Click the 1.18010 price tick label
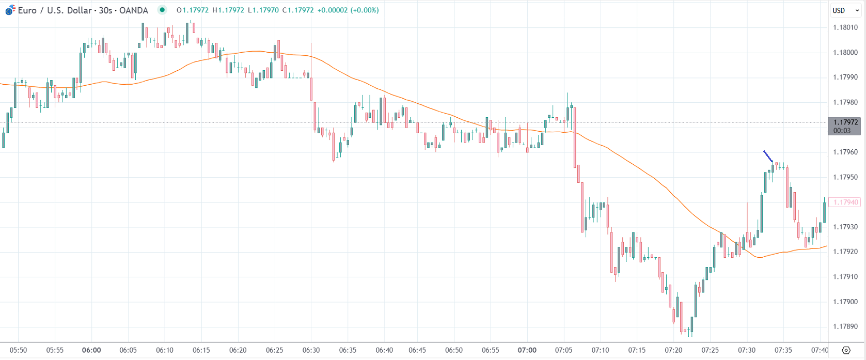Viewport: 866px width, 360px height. click(x=845, y=27)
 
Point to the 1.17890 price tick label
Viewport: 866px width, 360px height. click(x=845, y=326)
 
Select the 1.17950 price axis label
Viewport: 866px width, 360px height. click(x=845, y=177)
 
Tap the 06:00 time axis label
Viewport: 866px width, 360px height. click(x=91, y=350)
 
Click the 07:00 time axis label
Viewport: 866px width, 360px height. click(x=527, y=350)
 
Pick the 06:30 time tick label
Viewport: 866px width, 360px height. click(x=311, y=350)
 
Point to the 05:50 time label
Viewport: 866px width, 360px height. click(x=18, y=350)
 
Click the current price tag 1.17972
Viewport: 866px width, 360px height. click(x=845, y=122)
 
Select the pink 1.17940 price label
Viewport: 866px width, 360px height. click(x=845, y=202)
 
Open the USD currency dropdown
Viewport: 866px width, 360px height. click(x=845, y=10)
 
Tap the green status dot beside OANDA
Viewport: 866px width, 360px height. click(x=162, y=10)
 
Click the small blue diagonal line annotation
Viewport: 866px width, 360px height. click(x=768, y=156)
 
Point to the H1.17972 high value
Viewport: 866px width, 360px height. click(x=228, y=10)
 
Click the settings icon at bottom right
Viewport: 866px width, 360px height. click(x=845, y=350)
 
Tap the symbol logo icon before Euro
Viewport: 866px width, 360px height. click(x=10, y=10)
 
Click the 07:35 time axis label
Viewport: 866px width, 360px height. click(x=783, y=350)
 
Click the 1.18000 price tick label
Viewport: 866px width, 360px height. click(x=845, y=52)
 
